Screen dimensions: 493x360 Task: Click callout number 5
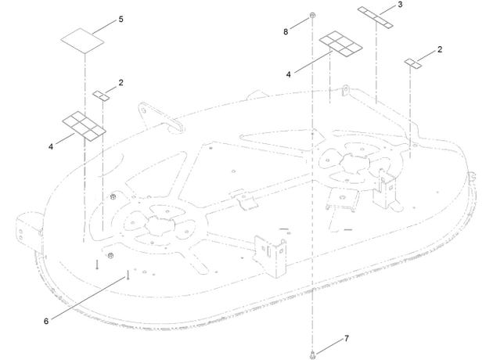click(x=121, y=20)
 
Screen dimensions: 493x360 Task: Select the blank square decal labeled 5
click(x=82, y=41)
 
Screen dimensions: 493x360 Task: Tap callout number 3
click(x=400, y=5)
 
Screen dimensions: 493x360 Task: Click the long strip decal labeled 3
click(x=376, y=17)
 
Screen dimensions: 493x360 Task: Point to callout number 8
click(x=286, y=32)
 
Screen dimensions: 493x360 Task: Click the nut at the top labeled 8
click(x=312, y=16)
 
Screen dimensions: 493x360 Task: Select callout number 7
click(x=346, y=339)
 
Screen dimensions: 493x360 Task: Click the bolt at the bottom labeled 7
click(x=312, y=355)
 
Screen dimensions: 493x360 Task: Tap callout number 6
click(x=46, y=322)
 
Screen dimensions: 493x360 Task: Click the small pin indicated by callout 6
click(x=128, y=275)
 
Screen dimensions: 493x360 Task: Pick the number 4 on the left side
click(x=51, y=147)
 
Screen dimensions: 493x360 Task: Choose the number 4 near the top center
click(x=288, y=74)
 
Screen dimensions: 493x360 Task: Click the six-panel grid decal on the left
click(x=85, y=125)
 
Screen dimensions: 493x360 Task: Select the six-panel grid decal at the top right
click(x=341, y=45)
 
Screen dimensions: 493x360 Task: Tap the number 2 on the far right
click(x=440, y=49)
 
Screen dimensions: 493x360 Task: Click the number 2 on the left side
click(x=121, y=83)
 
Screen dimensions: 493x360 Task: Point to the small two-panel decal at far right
click(x=413, y=63)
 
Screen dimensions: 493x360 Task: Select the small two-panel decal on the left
click(x=101, y=95)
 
